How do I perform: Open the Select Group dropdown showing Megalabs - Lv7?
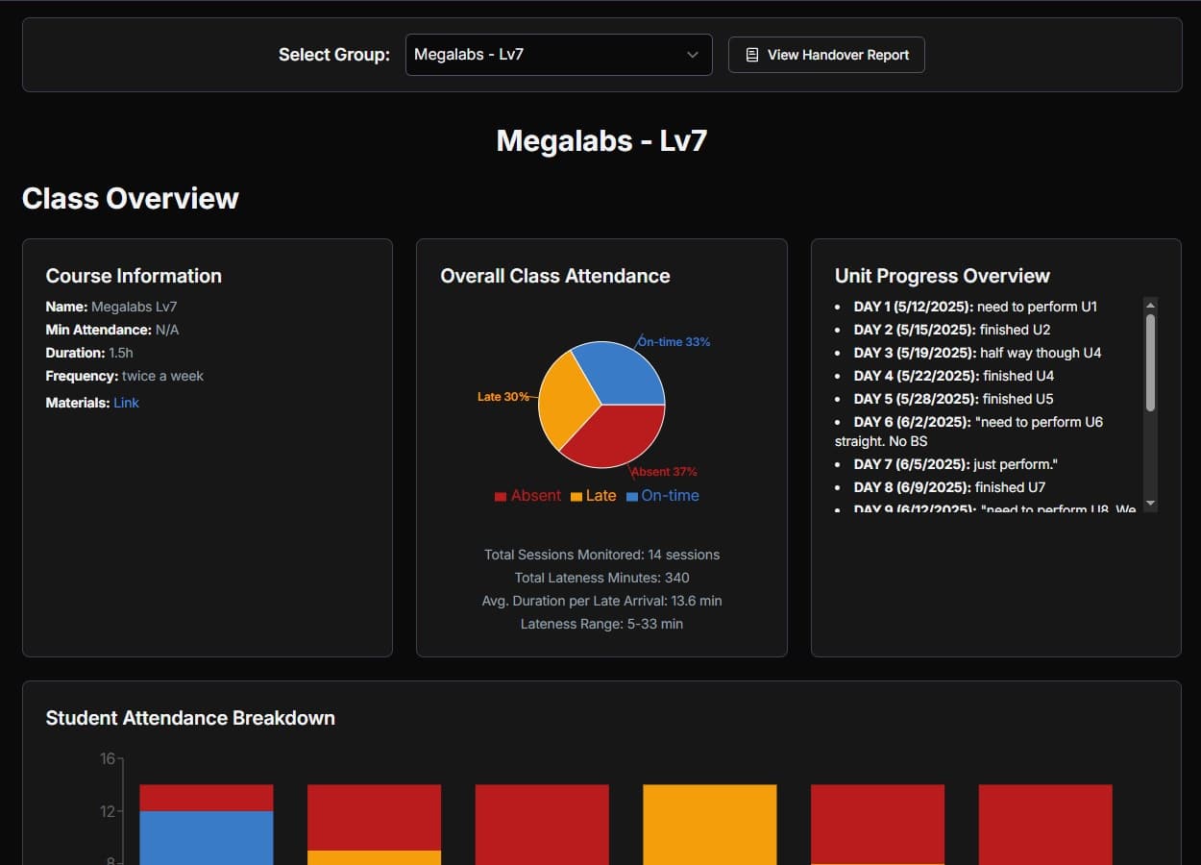pos(558,55)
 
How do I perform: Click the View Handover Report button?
pos(826,55)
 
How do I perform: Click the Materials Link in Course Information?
pos(126,403)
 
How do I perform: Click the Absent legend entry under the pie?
pos(527,496)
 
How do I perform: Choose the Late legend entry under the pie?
pos(593,496)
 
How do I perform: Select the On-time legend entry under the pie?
pos(662,496)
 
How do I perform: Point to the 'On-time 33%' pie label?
pos(674,342)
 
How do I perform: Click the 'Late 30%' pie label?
pos(503,397)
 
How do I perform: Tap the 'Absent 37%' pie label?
pos(664,472)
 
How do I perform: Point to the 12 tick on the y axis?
pos(107,811)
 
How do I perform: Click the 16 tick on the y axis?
pos(107,758)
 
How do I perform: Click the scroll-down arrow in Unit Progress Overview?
pos(1151,505)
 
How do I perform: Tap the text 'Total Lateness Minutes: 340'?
pos(601,578)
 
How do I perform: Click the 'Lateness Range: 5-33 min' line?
pos(601,624)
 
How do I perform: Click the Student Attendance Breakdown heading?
pos(190,718)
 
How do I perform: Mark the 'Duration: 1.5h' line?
pos(89,353)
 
